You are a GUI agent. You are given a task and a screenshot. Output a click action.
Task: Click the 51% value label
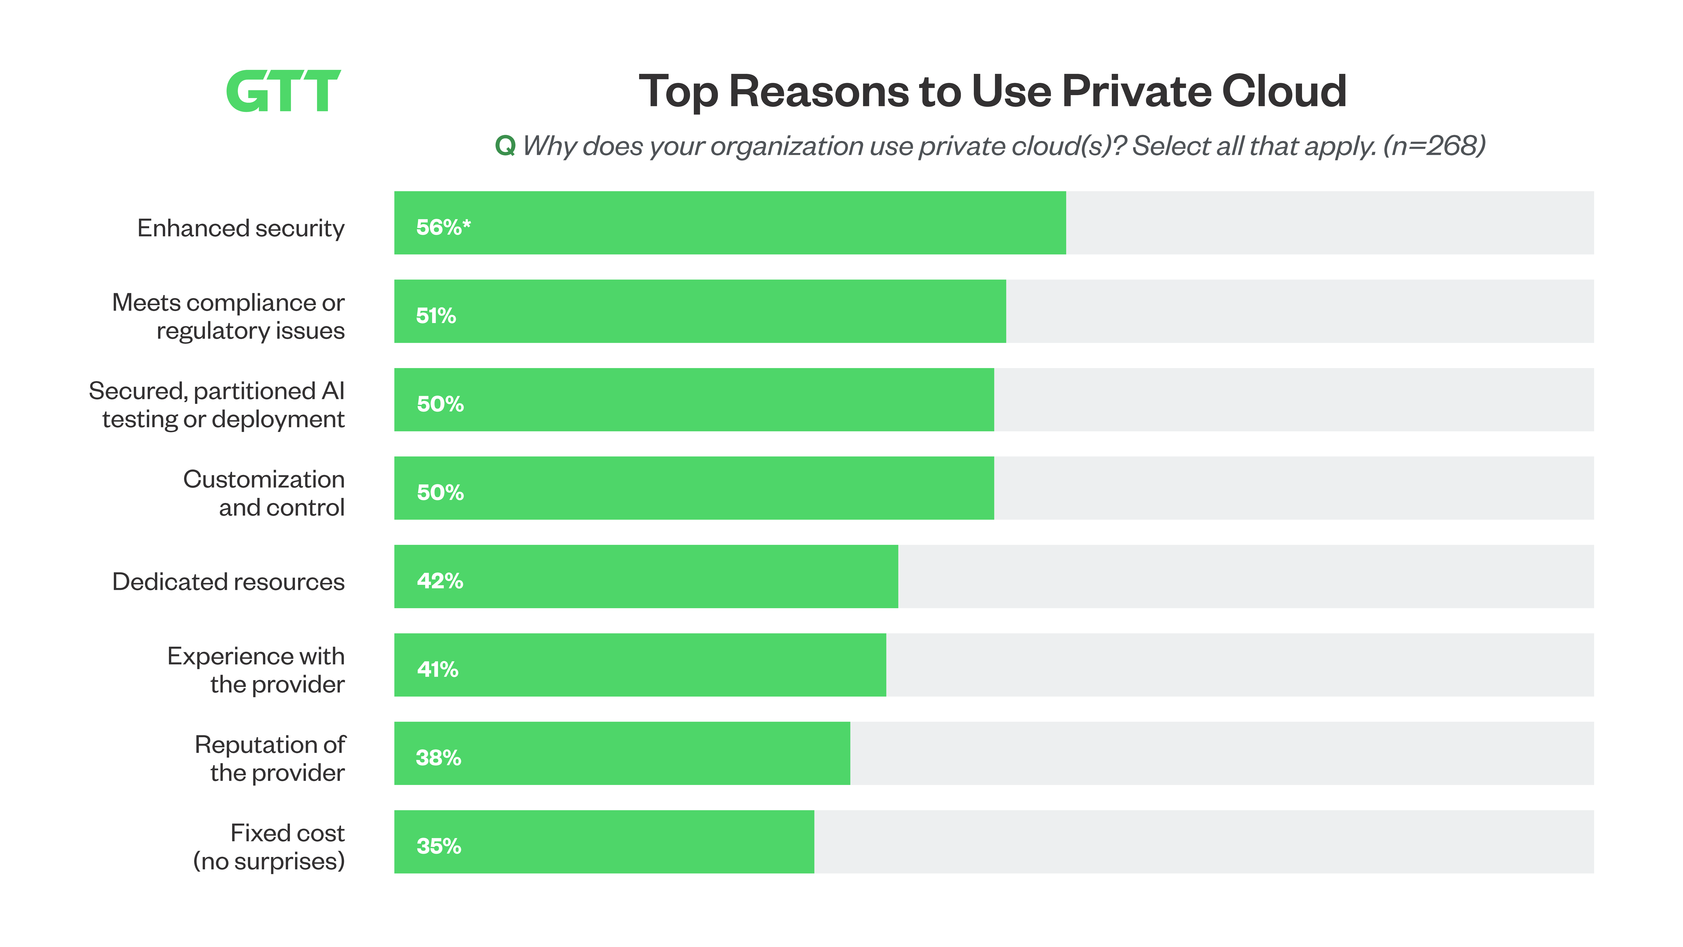click(436, 316)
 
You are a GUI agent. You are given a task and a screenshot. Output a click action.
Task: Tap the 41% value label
click(437, 669)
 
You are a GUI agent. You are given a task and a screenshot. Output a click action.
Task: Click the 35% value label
click(438, 846)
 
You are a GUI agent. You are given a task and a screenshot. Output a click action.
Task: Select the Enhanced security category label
click(240, 228)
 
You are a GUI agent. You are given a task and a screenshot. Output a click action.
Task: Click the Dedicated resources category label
click(228, 582)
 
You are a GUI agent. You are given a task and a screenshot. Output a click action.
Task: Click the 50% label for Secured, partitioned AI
click(440, 404)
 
